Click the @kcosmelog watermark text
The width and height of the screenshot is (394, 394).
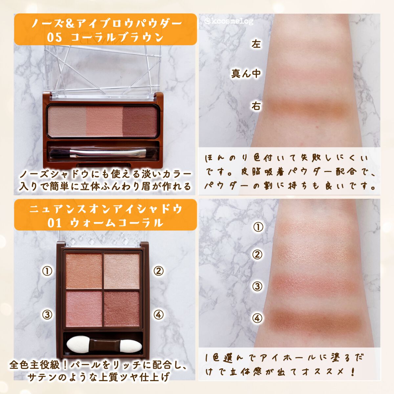click(229, 21)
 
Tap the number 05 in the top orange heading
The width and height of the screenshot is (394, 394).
click(55, 37)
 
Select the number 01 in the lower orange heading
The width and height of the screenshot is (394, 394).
click(55, 223)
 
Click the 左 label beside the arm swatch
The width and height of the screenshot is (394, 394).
click(256, 44)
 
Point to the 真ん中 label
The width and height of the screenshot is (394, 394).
click(246, 74)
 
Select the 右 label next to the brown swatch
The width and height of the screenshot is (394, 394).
click(256, 106)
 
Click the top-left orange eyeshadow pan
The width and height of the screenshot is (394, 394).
click(84, 271)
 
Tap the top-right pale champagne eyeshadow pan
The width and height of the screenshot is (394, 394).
click(122, 271)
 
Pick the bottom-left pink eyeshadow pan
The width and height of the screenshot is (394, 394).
click(84, 309)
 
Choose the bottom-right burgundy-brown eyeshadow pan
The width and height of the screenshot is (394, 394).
click(122, 309)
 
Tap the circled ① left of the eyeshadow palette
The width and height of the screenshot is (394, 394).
click(47, 271)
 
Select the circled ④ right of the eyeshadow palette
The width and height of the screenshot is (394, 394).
click(159, 315)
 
